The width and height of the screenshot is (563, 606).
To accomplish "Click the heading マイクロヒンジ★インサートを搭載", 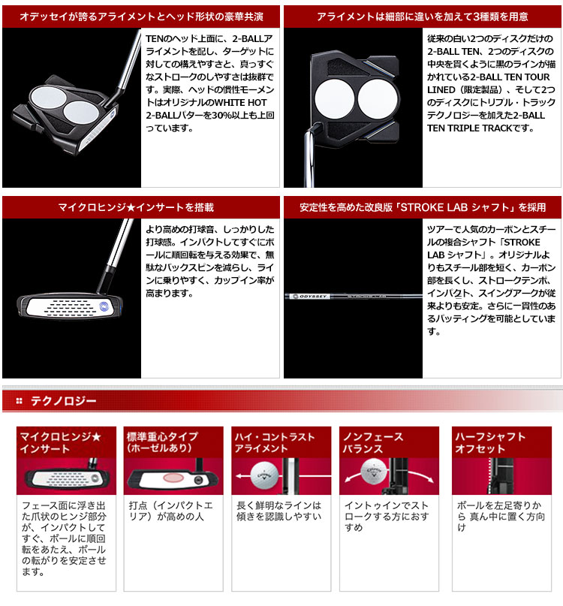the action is (x=136, y=207).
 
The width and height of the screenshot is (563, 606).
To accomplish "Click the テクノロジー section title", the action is (x=63, y=401).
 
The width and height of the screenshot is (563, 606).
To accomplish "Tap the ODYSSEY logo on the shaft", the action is (x=310, y=297).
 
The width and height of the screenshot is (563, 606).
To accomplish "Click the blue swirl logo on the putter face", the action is (x=104, y=306).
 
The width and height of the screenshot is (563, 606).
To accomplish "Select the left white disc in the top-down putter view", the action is (x=335, y=99).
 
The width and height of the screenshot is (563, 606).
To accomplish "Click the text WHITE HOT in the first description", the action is (x=240, y=102).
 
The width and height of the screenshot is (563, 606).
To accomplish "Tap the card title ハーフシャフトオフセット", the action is (x=490, y=442).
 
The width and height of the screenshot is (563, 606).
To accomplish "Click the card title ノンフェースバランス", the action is (x=373, y=442).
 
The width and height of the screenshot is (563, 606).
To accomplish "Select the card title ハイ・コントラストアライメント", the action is (x=274, y=442).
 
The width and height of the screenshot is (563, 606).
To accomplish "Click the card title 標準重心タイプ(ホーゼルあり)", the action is (x=162, y=442).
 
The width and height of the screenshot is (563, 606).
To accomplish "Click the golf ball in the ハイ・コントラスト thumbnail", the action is (x=264, y=475).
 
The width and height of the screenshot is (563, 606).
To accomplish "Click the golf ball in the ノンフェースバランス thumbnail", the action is (x=373, y=471).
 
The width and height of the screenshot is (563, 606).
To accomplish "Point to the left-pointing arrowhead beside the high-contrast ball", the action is (x=239, y=476).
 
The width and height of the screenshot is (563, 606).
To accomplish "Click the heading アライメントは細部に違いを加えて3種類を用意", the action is (x=423, y=17).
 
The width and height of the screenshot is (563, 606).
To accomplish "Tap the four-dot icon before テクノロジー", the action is (x=20, y=401).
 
